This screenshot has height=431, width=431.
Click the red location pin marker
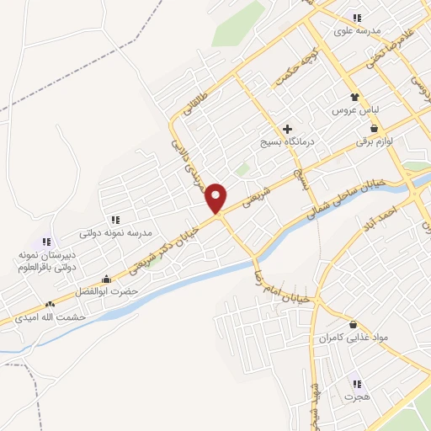point(217,198)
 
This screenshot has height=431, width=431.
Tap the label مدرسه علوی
point(358,31)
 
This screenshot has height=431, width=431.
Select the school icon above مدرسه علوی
point(358,18)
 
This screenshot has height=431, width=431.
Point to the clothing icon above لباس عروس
point(354,97)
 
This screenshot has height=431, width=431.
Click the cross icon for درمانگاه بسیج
point(288,130)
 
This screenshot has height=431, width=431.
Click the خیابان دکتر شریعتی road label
point(165,247)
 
